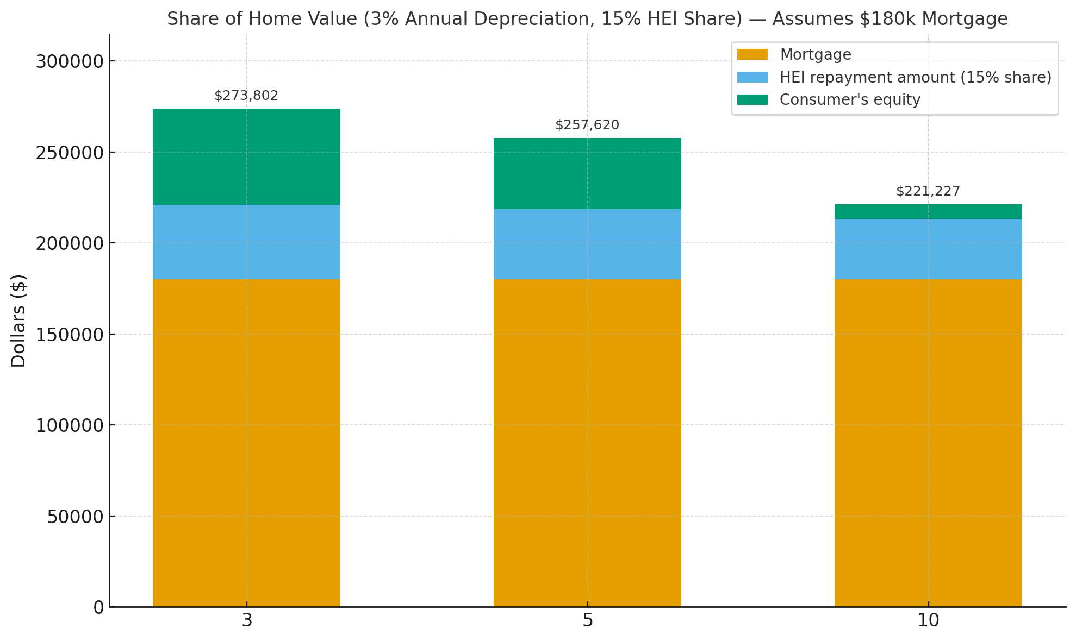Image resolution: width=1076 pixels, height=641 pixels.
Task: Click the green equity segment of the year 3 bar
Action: point(246,156)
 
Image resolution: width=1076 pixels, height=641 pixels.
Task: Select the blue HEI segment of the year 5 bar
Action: point(587,244)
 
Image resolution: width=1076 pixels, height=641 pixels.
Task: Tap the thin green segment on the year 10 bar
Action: point(928,212)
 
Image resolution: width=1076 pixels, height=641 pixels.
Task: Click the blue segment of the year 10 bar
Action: point(928,249)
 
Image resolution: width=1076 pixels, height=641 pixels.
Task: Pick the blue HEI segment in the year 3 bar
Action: point(246,242)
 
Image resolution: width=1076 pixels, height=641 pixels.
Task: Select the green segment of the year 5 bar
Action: point(587,173)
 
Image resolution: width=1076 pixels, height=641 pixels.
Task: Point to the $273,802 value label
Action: point(246,96)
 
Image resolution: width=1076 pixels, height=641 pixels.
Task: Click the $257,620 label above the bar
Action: point(587,125)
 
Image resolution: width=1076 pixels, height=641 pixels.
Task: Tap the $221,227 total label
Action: point(928,192)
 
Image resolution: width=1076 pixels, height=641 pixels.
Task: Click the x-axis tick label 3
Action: point(247,621)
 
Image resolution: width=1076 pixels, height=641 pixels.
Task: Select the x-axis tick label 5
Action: point(588,621)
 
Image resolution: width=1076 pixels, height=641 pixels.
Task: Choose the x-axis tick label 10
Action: point(928,621)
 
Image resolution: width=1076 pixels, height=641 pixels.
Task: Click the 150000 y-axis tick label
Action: point(70,335)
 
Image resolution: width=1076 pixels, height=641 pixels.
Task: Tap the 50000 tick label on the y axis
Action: point(75,517)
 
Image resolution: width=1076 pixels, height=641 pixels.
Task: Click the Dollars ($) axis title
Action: point(18,320)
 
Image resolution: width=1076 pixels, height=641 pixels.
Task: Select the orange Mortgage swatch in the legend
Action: point(752,55)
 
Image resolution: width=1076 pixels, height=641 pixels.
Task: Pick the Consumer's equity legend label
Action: point(850,100)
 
